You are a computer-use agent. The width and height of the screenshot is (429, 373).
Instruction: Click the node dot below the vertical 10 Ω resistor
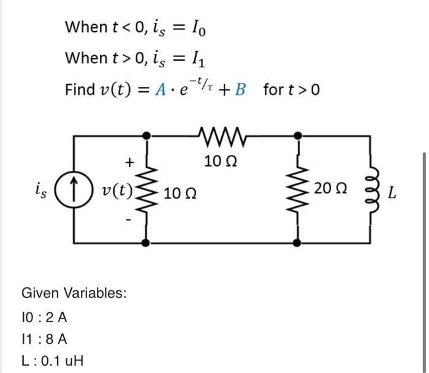tap(145, 243)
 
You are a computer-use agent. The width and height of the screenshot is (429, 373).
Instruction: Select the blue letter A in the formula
tap(161, 90)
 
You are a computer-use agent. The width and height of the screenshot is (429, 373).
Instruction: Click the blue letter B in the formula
tap(240, 90)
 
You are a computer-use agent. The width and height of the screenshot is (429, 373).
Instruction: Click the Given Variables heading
tap(74, 293)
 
